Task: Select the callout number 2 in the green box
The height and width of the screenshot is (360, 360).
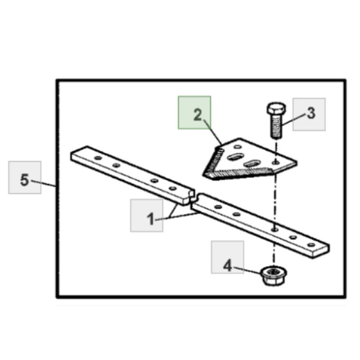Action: (198, 115)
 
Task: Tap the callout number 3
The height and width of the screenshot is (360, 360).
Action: (311, 113)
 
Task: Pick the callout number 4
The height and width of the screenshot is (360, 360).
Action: (228, 266)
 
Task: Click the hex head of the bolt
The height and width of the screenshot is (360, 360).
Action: (276, 108)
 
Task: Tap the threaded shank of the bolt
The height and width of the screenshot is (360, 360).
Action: (276, 126)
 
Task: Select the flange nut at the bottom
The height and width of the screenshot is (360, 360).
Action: (274, 276)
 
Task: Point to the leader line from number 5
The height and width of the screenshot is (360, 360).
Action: (43, 183)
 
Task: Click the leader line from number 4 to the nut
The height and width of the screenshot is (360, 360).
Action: (247, 270)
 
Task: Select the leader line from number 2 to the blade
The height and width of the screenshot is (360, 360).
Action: (213, 132)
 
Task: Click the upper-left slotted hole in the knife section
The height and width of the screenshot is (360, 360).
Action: (235, 157)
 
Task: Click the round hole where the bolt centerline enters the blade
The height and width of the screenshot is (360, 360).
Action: (276, 162)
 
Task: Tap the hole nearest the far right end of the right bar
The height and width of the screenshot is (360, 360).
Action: (311, 245)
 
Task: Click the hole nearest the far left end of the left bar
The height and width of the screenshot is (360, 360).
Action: (98, 158)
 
